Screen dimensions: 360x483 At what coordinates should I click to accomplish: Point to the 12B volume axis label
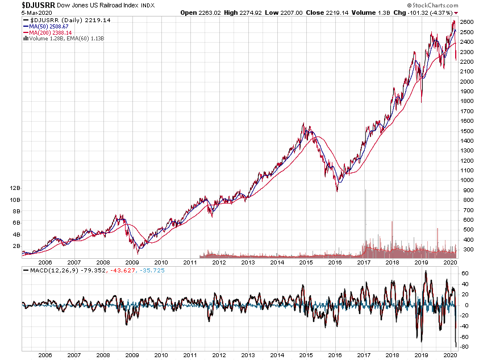[15, 188]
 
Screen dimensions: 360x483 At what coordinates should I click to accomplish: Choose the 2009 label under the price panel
[132, 263]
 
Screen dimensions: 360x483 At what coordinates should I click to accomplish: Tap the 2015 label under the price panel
[307, 263]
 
